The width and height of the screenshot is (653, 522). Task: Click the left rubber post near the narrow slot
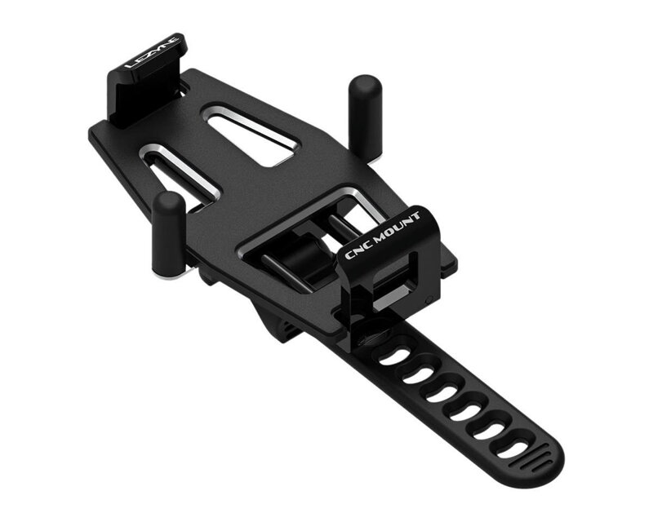(x=169, y=232)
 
